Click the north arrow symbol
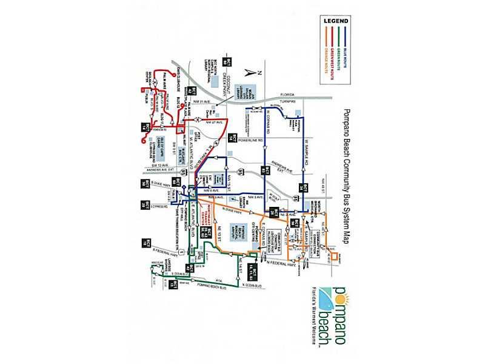247,72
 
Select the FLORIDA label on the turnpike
287,95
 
